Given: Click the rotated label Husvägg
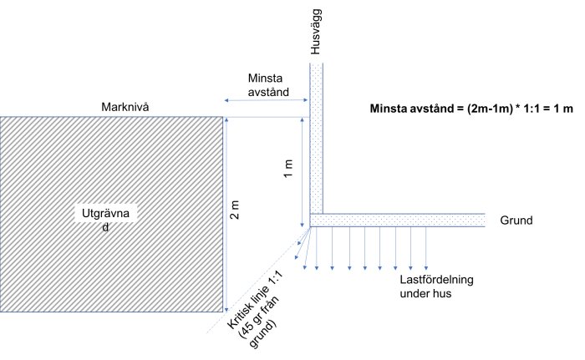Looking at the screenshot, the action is tap(315, 32).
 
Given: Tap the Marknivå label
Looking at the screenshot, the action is tap(125, 107).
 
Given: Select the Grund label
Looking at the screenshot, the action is tap(516, 221).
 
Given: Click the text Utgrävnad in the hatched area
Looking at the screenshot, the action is tap(105, 220).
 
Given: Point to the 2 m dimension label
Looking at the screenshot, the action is tap(236, 210).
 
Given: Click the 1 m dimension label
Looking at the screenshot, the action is tap(288, 169).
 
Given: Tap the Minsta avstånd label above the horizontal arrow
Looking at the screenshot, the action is tap(268, 85).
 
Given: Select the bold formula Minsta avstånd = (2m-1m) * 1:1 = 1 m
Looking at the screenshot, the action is tap(471, 109).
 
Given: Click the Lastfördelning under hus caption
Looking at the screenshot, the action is tap(436, 286).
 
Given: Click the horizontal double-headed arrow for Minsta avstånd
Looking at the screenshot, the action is tap(266, 100).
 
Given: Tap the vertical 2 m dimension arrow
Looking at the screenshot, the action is tap(226, 214).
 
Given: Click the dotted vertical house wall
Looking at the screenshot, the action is tap(317, 139).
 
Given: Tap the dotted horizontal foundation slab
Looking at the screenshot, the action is tap(397, 221).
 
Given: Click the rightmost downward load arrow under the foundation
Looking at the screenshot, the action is tap(426, 248).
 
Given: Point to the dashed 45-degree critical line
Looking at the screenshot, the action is tap(258, 280).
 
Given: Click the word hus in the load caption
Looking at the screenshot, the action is tap(443, 293).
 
